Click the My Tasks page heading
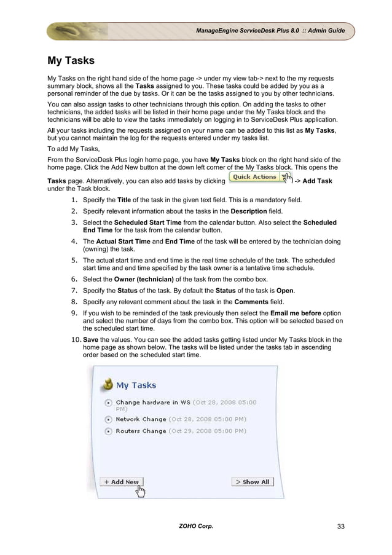71,61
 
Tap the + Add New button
121,482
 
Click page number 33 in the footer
340,527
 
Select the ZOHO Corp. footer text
196,527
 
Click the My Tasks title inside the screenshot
136,385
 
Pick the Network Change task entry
141,419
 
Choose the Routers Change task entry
141,431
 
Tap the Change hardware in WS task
154,403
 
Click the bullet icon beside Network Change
108,420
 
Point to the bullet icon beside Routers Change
108,431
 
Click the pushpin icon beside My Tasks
108,384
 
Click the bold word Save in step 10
90,340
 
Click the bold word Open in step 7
284,291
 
